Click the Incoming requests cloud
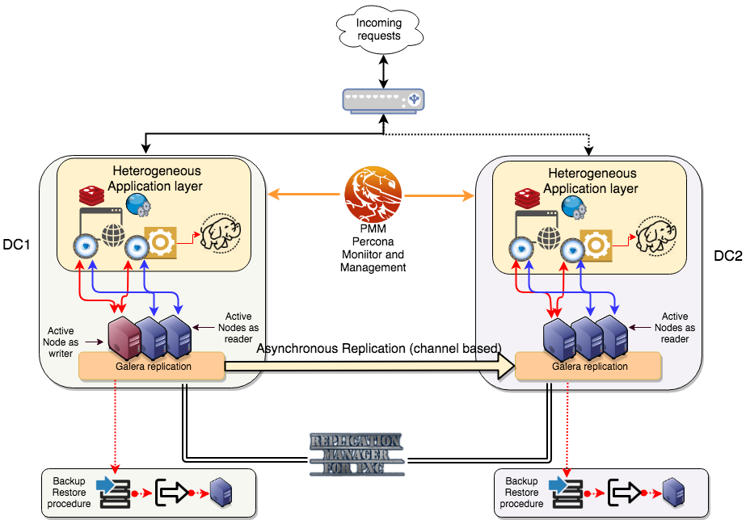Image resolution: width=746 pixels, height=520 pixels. click(378, 30)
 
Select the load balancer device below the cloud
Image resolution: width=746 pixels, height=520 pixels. click(381, 99)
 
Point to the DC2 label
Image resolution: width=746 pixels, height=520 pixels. click(727, 256)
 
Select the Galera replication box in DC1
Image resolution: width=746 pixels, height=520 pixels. click(151, 366)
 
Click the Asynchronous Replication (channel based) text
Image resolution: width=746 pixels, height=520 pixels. click(378, 348)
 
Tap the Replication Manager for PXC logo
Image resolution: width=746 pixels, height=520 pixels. click(355, 453)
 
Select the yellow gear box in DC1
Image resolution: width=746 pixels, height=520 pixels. click(160, 243)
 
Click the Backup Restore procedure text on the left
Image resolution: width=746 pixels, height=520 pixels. click(69, 492)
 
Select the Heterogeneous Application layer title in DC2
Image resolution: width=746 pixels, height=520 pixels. click(591, 181)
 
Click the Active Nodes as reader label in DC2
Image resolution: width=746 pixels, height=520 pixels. click(675, 328)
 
